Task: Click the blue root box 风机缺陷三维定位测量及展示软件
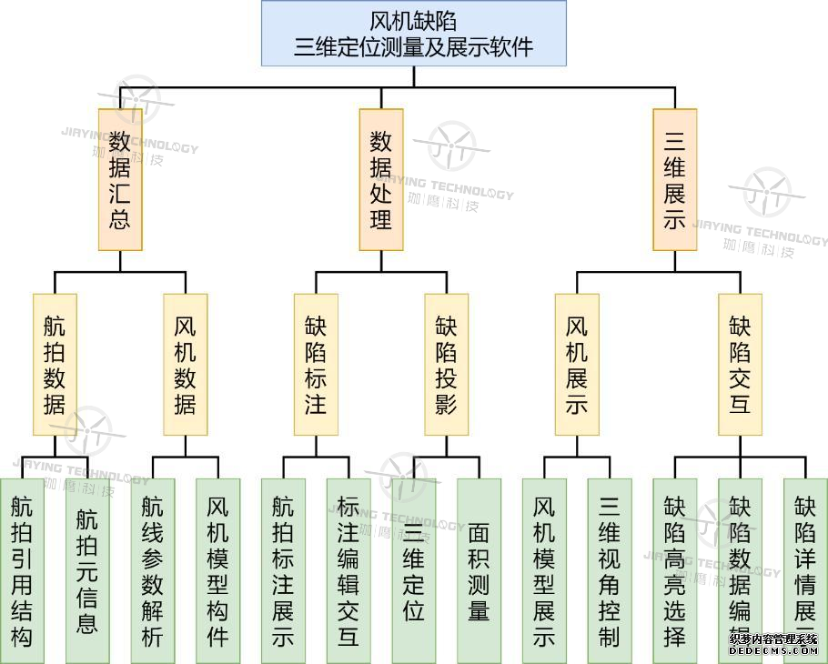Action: tap(413, 34)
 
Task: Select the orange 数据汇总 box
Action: tap(120, 179)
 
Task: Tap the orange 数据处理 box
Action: tap(380, 179)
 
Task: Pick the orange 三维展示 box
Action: tap(674, 179)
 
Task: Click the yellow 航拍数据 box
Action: tap(55, 364)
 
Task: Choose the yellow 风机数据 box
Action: tap(185, 364)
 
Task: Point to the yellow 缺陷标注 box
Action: tap(316, 364)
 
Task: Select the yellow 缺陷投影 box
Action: tap(446, 364)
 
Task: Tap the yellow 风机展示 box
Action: tap(577, 364)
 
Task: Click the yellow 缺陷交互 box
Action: tap(740, 364)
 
